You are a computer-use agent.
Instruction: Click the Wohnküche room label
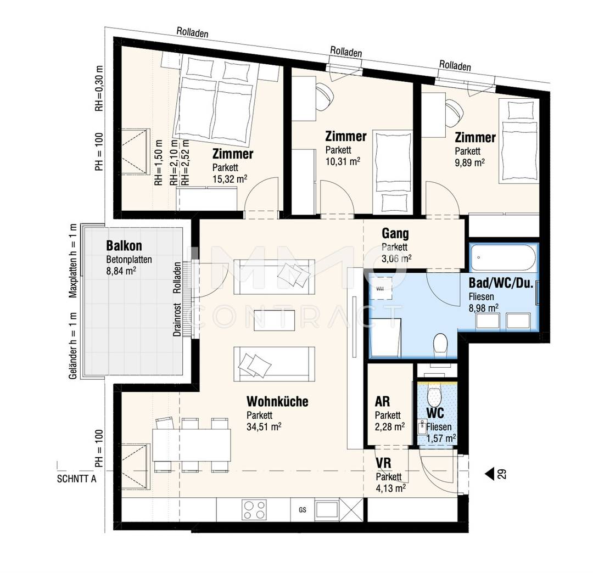pos(277,401)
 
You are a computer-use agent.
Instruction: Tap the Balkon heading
pos(124,246)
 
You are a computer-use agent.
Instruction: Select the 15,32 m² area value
pos(230,178)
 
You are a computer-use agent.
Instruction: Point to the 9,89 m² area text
pos(469,162)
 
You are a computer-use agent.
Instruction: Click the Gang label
pos(395,234)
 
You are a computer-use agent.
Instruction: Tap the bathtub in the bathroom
pos(503,257)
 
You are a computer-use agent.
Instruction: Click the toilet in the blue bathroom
pos(440,344)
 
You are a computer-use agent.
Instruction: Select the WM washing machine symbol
pos(380,289)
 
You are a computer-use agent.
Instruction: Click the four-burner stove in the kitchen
pos(254,510)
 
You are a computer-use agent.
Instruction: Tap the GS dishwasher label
pos(302,510)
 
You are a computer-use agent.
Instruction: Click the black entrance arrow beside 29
pos(490,474)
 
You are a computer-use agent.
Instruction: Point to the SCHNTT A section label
pos(76,479)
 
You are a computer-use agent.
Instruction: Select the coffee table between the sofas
pos(274,320)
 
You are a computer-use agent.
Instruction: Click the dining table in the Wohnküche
pos(192,445)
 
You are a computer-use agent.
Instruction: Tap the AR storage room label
pos(382,401)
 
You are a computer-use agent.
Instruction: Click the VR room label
pos(383,463)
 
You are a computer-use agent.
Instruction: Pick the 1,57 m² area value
pos(441,439)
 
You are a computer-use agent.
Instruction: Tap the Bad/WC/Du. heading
pos(501,283)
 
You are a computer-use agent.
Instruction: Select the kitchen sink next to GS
pos(327,509)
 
